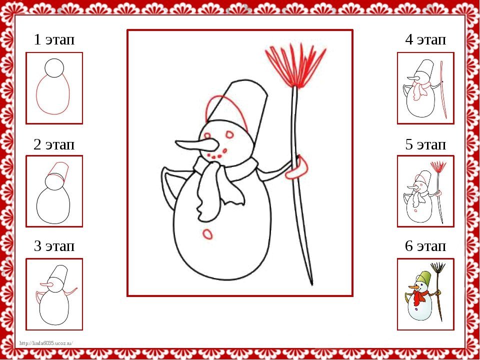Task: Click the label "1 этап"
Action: coord(54,40)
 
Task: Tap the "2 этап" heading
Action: coord(54,144)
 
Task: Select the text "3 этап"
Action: coord(54,246)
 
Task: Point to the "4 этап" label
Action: coord(425,40)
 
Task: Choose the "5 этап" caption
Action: coord(425,144)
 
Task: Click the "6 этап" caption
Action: coord(425,246)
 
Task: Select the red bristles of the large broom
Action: coord(296,66)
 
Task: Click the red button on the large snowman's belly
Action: coord(207,234)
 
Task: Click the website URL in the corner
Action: coord(46,343)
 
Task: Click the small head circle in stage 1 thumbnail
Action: coord(54,68)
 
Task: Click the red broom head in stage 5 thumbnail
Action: coord(438,166)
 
